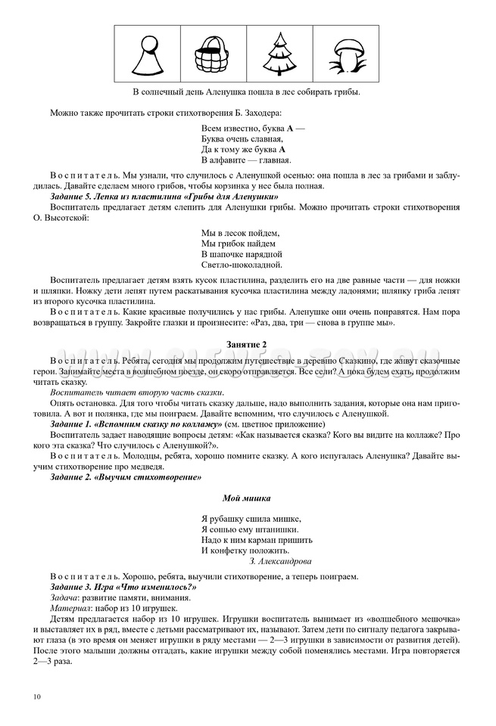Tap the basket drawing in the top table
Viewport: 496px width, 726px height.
click(212, 55)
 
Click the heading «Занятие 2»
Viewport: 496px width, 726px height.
click(247, 344)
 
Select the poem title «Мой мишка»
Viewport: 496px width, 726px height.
click(247, 498)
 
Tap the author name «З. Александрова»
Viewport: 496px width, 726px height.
click(279, 561)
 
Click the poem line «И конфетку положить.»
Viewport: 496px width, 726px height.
click(246, 551)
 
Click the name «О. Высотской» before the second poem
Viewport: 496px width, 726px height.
click(65, 218)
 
